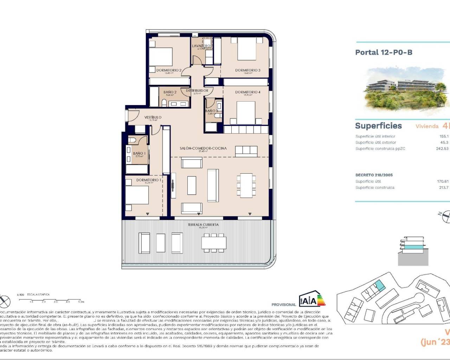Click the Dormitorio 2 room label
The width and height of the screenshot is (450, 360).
click(169, 70)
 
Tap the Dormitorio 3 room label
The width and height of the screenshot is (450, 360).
click(247, 70)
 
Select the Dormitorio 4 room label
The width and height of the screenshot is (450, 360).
click(247, 92)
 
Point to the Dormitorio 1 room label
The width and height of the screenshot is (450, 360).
click(149, 180)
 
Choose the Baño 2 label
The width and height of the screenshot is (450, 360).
click(170, 92)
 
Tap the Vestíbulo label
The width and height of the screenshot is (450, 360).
click(153, 117)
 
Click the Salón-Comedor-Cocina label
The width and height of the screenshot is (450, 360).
click(203, 148)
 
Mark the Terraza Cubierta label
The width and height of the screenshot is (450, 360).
click(203, 225)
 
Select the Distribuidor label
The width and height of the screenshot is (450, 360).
click(197, 91)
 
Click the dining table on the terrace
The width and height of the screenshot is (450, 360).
click(214, 243)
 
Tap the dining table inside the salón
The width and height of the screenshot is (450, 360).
click(246, 185)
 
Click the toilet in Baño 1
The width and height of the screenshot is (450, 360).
click(133, 140)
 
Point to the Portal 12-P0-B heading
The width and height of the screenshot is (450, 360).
click(384, 52)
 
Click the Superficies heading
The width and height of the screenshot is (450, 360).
click(378, 126)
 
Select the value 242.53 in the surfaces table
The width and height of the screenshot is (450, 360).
click(442, 149)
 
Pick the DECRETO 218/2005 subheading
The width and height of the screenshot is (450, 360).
click(374, 175)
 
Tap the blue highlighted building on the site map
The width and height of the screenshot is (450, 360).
click(379, 286)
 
